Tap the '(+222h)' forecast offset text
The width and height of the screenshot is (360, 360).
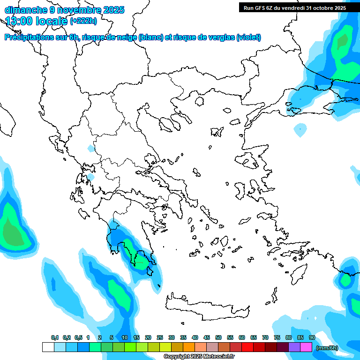click(83, 21)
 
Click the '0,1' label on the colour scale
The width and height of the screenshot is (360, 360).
click(55, 338)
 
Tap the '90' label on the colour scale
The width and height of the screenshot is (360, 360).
click(312, 338)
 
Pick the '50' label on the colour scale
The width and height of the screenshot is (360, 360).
click(218, 338)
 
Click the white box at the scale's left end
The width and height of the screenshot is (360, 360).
click(48, 347)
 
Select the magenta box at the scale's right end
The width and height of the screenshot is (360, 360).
click(306, 347)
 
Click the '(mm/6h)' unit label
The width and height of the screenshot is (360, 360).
click(327, 348)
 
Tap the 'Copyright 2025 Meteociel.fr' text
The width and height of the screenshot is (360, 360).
click(199, 357)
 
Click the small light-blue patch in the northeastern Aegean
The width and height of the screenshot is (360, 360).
click(300, 128)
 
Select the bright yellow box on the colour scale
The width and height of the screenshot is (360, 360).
click(165, 347)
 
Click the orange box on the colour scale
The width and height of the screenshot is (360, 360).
click(189, 347)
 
